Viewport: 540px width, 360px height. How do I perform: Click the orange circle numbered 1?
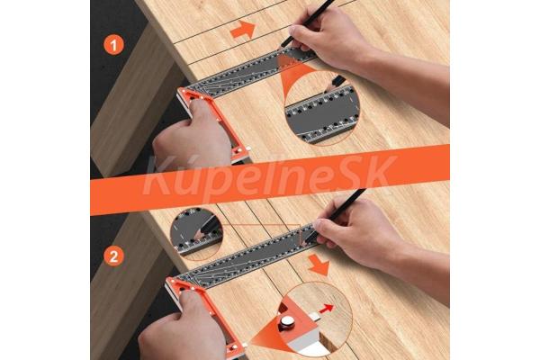113,45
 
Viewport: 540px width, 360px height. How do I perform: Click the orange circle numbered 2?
113,256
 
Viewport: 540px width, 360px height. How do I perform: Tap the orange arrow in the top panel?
243,30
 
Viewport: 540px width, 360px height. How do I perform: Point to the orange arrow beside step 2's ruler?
319,265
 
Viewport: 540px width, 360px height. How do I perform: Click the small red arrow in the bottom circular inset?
326,309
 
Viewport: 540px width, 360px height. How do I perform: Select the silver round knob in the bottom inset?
286,323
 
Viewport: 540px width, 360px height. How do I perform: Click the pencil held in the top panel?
307,22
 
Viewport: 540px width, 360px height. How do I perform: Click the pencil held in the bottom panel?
336,214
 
